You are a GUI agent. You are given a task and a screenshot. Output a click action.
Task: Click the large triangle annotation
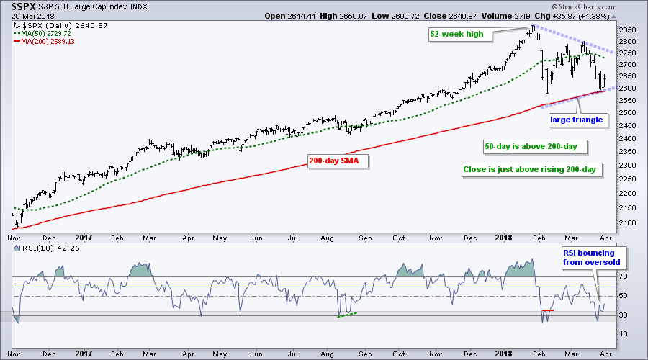[576, 119]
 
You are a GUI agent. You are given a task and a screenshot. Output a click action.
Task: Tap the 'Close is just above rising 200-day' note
[532, 171]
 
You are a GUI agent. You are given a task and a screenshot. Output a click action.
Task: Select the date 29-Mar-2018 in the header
[28, 17]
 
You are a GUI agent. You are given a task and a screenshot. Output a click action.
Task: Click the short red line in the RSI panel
[547, 310]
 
